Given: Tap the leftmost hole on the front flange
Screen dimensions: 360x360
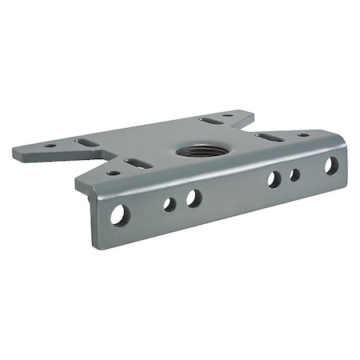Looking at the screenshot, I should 119,214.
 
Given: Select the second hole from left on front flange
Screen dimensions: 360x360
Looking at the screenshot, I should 170,204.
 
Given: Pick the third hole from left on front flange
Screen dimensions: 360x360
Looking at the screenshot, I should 194,198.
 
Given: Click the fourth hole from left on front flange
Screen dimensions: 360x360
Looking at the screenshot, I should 274,179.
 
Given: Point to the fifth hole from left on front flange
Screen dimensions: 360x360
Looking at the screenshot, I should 295,174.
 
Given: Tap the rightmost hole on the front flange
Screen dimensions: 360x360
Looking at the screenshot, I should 330,166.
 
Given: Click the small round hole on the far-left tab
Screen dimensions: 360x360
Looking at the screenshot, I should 50,146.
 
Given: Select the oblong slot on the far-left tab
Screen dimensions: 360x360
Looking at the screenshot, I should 87,142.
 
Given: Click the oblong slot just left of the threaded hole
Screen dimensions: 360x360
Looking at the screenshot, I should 139,163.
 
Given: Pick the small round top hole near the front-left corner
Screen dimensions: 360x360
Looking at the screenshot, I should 114,172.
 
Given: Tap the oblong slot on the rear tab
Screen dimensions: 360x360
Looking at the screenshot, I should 210,121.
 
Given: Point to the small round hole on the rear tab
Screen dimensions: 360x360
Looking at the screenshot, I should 229,115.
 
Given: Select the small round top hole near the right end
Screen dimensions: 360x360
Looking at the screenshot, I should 303,134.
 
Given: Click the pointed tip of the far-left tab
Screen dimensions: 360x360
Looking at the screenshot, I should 14,149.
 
